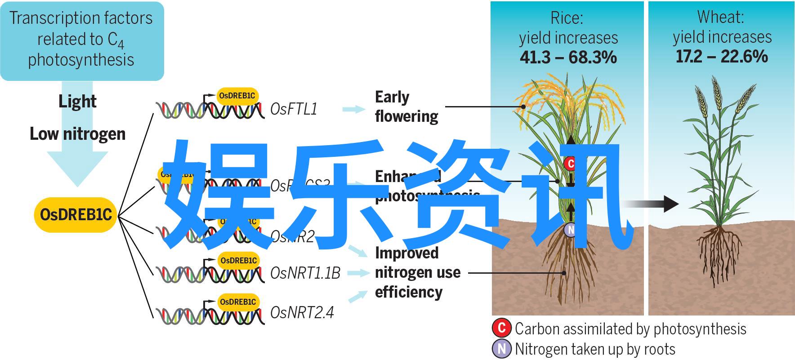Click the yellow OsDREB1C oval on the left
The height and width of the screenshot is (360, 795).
(76, 214)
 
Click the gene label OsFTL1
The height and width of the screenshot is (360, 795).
(294, 109)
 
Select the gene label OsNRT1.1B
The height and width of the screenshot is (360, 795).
(305, 273)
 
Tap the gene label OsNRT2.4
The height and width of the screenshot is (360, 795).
(302, 312)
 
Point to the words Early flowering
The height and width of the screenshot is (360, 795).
(406, 107)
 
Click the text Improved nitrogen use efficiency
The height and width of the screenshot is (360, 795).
(417, 272)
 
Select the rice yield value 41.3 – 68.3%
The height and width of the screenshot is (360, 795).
(568, 58)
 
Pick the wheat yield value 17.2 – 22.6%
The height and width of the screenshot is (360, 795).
(722, 57)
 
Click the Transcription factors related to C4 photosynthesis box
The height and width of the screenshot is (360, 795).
(81, 40)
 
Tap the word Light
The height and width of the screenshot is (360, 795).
(77, 102)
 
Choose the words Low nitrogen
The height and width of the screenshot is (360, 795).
(77, 134)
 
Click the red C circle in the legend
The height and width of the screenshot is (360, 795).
(501, 328)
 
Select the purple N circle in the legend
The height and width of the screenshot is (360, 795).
(501, 349)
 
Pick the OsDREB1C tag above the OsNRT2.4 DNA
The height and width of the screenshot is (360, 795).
(238, 302)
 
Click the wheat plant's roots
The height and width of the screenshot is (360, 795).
(718, 252)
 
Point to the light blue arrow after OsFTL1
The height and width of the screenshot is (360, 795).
(354, 109)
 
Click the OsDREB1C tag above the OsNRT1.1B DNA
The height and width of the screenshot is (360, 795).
(238, 260)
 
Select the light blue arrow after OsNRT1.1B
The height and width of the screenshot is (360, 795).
(358, 272)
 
